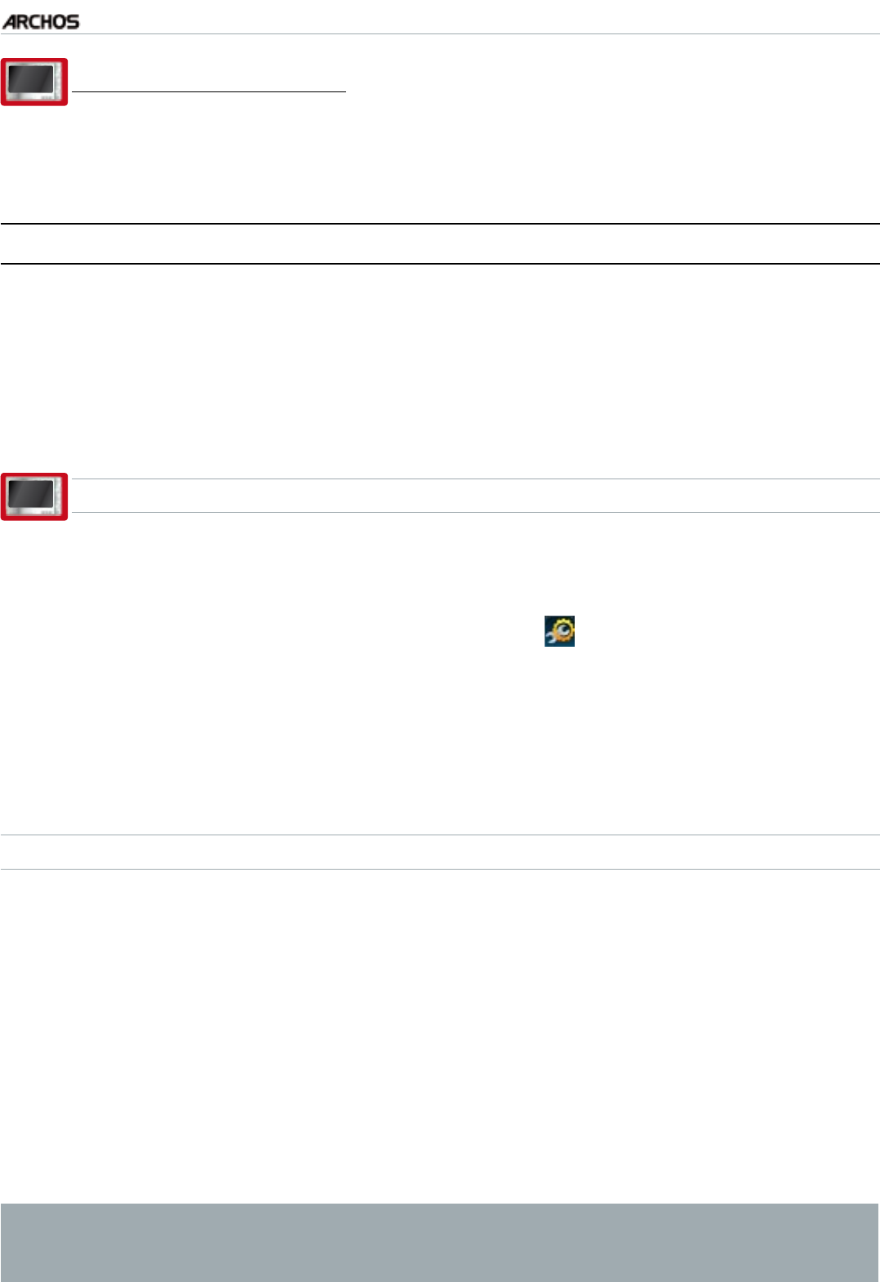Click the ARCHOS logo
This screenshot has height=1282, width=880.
click(x=41, y=22)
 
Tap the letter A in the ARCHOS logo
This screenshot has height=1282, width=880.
click(x=10, y=22)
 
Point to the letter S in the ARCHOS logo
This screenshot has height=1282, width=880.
click(x=73, y=22)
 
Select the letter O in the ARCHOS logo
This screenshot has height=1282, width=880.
click(x=60, y=22)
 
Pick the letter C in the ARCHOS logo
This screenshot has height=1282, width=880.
click(x=35, y=22)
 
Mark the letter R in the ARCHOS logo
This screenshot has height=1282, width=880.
click(x=22, y=22)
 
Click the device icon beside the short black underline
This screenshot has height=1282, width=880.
click(x=33, y=82)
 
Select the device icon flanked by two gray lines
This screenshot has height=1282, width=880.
click(x=33, y=496)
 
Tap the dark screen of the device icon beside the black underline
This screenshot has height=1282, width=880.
click(x=31, y=80)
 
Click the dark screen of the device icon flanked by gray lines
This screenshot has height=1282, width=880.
click(x=31, y=494)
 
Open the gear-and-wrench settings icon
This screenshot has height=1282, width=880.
click(x=560, y=631)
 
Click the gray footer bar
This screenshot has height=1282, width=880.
click(x=439, y=1241)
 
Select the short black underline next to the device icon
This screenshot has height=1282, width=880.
click(x=209, y=92)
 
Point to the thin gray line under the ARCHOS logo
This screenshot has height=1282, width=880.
click(x=439, y=33)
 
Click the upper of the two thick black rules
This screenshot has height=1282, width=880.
click(x=439, y=224)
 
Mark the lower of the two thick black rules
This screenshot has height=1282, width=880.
click(x=439, y=263)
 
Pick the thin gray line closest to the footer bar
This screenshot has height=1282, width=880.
click(x=439, y=869)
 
